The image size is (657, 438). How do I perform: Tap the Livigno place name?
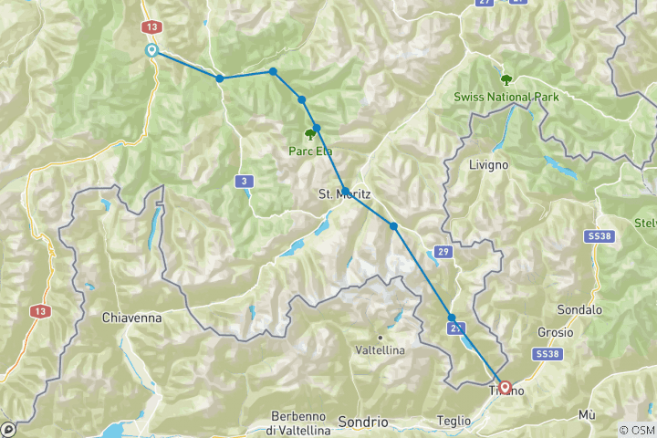coord(487,164)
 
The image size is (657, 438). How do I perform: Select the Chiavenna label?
coord(132,318)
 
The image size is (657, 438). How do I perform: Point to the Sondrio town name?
coord(362,422)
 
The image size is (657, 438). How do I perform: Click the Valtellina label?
coord(380,349)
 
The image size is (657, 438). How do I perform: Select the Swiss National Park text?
coord(506,97)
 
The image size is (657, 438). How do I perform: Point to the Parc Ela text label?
coord(310,152)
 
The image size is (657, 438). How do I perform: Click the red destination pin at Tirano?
coord(505,388)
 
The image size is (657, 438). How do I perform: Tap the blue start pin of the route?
coord(151,50)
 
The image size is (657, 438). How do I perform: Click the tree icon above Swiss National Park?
coord(506,79)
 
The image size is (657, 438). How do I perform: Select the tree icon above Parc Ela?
coord(309,134)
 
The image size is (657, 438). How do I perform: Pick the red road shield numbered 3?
coord(244,181)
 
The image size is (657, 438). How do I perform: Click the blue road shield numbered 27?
coord(484,3)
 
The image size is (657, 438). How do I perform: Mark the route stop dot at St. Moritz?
coord(346,192)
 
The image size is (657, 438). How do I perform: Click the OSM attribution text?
coord(637,430)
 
